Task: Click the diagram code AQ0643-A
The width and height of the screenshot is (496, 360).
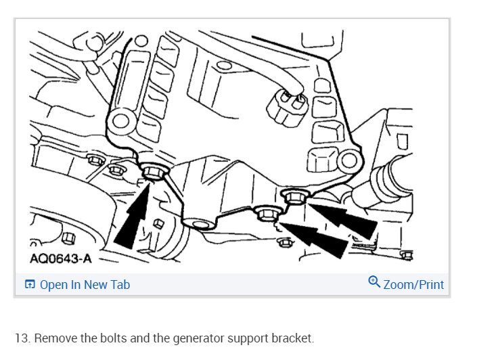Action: point(61,258)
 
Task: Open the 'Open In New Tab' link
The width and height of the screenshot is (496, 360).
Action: point(85,285)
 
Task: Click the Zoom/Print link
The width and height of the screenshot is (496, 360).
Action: point(413,285)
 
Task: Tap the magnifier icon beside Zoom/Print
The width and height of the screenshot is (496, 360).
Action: point(374,282)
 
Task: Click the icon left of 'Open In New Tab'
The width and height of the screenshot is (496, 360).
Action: point(30,285)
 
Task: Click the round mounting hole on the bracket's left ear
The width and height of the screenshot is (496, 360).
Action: point(120,122)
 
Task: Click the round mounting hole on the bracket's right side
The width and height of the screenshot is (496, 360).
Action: point(348,161)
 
